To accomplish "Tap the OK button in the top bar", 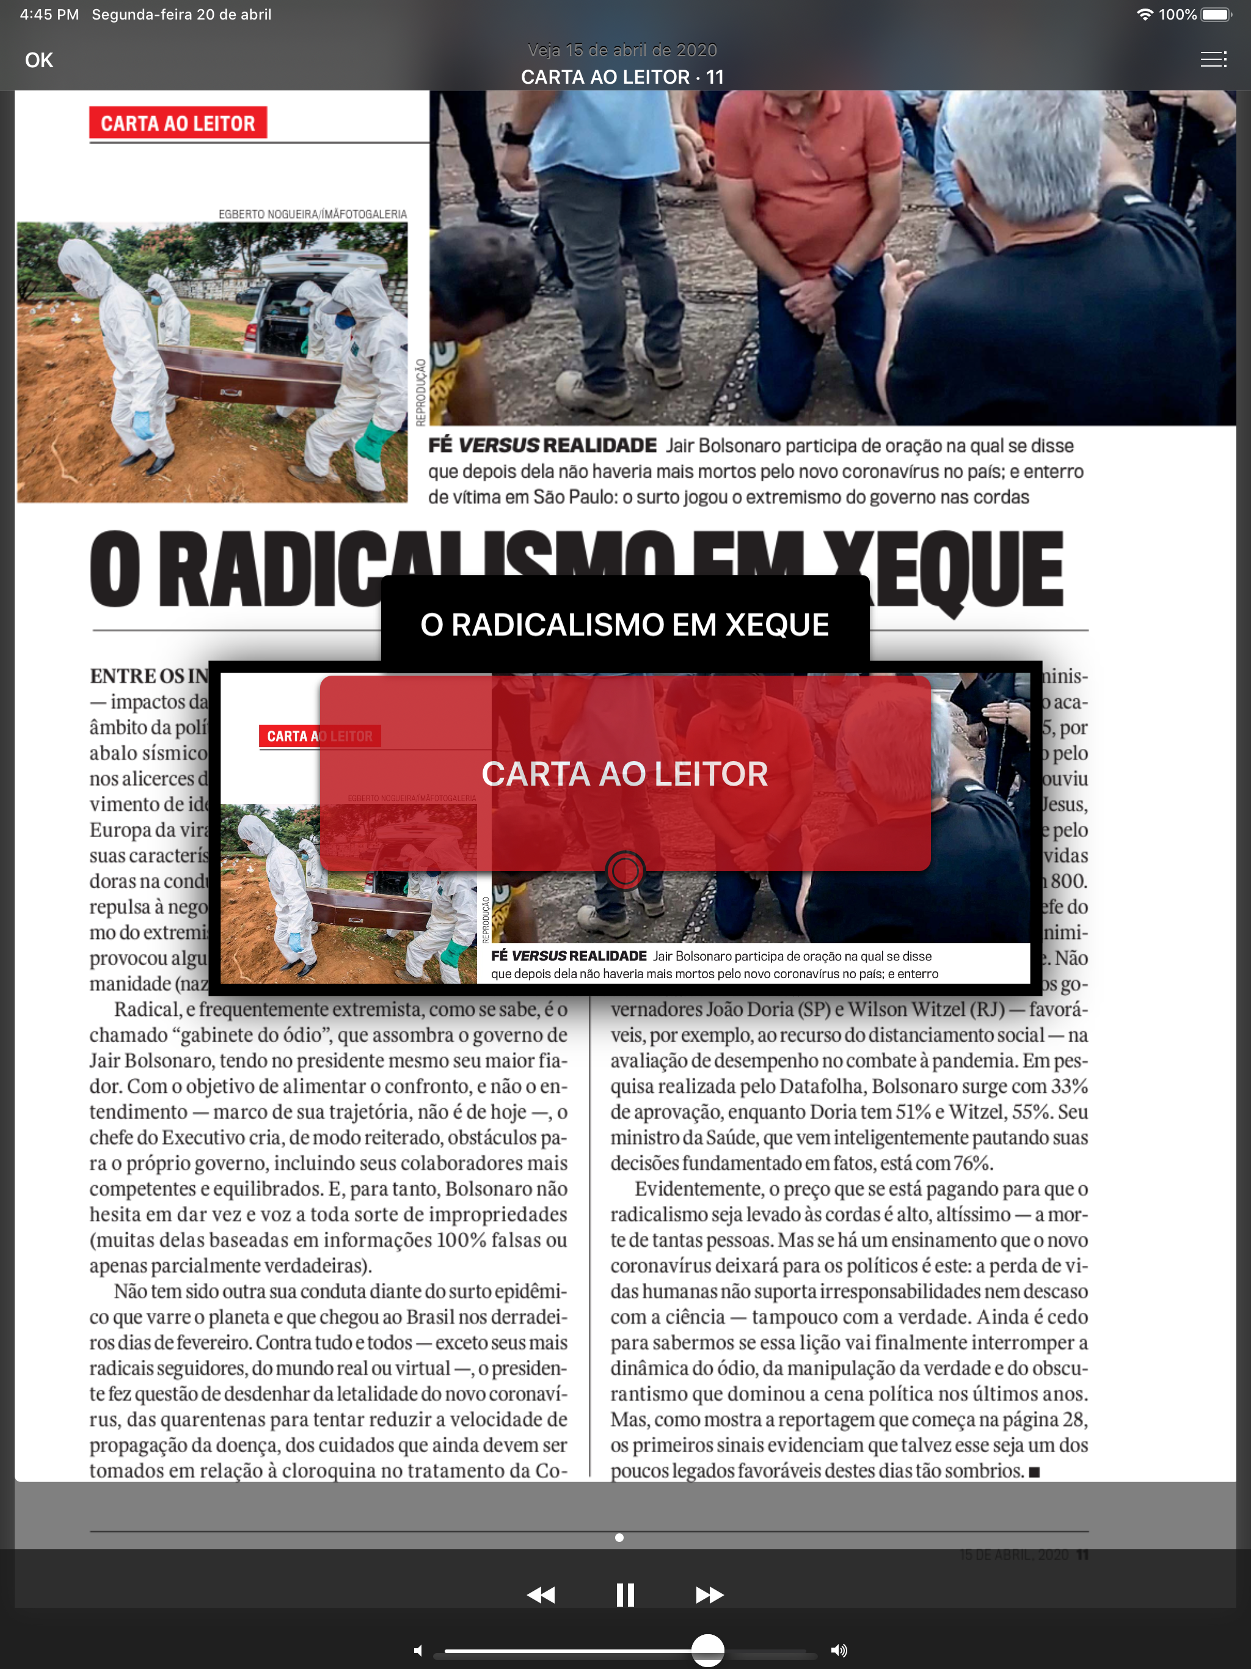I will pos(38,60).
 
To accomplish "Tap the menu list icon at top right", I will pos(1213,60).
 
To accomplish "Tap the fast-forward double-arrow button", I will pos(709,1594).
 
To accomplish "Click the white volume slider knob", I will pos(708,1650).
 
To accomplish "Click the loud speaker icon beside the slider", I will pos(839,1650).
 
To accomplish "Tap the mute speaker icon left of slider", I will pos(418,1651).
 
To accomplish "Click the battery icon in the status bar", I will pos(1216,14).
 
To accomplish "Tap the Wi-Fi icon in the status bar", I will pos(1145,14).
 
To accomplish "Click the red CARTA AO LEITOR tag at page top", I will pos(178,123).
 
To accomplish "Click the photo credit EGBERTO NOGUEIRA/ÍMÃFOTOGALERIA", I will pos(312,214).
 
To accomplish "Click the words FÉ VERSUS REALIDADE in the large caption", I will pos(542,446).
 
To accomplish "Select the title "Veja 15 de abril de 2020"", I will pos(622,51).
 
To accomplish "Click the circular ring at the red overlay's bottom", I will pos(625,871).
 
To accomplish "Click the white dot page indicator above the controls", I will pos(619,1538).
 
